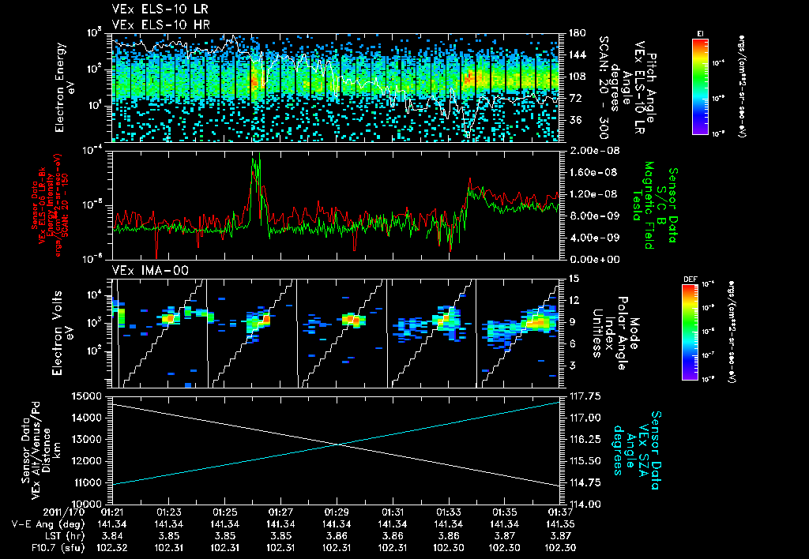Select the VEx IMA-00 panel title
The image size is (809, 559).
point(145,271)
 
